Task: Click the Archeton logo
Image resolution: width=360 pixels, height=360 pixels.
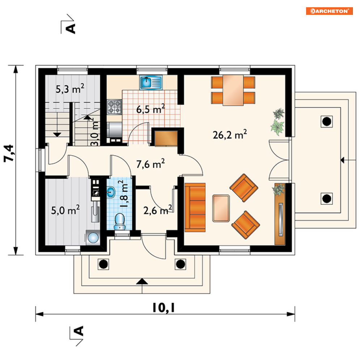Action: [x=329, y=11]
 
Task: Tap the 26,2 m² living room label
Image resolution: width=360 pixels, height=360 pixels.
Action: [x=230, y=135]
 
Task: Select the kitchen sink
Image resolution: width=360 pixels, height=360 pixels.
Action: [x=151, y=82]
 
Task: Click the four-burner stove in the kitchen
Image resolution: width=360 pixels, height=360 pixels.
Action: [x=114, y=107]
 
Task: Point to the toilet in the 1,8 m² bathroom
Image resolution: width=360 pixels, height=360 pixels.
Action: [x=120, y=221]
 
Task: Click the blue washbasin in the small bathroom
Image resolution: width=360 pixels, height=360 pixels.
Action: [x=111, y=192]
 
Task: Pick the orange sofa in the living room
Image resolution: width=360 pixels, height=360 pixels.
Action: [x=195, y=207]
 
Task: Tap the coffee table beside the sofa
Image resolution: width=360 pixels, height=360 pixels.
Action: [x=221, y=208]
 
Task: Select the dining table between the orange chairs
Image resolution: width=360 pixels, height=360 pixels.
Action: [x=233, y=90]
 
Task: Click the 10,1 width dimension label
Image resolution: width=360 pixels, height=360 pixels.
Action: [x=164, y=308]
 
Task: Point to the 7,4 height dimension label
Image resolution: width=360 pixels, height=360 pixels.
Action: [x=9, y=153]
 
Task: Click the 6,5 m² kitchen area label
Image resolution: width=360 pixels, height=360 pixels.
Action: [x=151, y=109]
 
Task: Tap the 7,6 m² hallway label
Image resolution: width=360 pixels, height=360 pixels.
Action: [x=151, y=164]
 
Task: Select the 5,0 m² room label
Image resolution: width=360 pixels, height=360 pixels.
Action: [x=65, y=210]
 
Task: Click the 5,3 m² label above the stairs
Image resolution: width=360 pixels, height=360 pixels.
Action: [x=70, y=89]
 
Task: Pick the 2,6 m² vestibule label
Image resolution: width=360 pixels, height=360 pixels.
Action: [x=158, y=210]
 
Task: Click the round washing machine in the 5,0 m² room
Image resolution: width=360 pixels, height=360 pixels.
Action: [x=93, y=237]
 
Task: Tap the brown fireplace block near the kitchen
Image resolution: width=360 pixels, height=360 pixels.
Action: [x=166, y=138]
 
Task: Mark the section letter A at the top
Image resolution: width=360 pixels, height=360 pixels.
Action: [x=71, y=29]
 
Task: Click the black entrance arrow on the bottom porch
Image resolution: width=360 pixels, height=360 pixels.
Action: [x=142, y=281]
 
